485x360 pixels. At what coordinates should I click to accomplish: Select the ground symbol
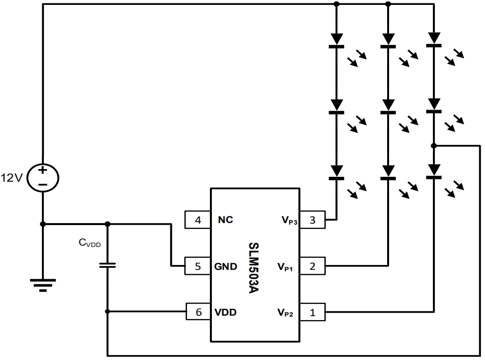click(x=43, y=284)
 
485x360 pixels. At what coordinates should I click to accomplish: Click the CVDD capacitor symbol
click(x=107, y=265)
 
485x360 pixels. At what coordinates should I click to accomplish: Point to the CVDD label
click(x=90, y=243)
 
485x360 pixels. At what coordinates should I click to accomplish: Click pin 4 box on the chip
click(x=198, y=220)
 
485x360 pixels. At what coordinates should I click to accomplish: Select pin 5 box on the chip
click(x=198, y=266)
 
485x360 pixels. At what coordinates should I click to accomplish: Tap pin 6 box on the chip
click(x=198, y=312)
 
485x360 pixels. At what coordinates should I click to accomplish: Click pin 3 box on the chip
click(x=312, y=220)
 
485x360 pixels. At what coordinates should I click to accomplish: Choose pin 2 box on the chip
click(x=312, y=266)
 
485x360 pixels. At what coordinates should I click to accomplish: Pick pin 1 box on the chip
click(x=312, y=312)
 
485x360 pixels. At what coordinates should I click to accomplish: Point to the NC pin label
click(x=225, y=220)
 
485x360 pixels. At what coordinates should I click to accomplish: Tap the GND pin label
click(x=226, y=266)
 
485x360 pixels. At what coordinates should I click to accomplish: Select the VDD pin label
click(x=225, y=312)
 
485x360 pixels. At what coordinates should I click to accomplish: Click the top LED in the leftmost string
click(x=336, y=40)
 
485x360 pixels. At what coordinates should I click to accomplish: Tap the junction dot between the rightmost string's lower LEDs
click(x=433, y=146)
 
